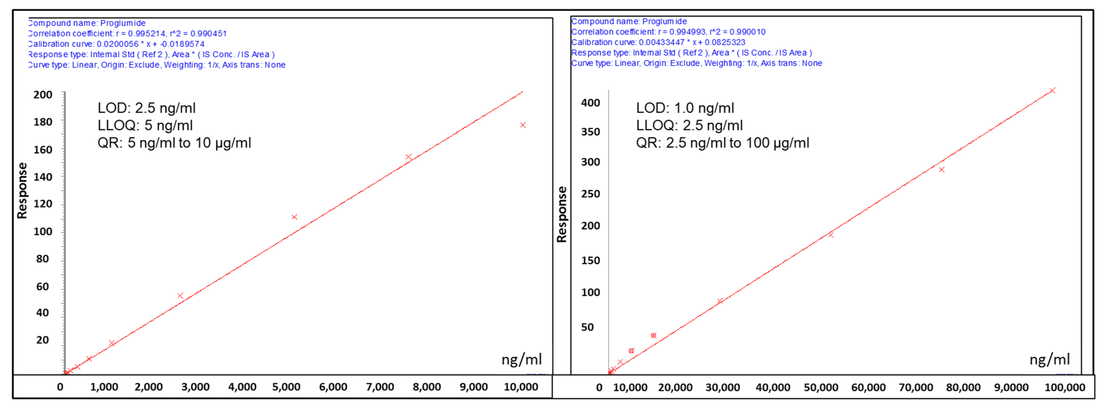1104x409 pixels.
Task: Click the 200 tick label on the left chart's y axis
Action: (43, 95)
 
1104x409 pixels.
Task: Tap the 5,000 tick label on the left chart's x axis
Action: (286, 387)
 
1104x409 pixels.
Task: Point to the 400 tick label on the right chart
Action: (591, 103)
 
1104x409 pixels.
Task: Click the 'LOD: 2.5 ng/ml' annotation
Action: (147, 108)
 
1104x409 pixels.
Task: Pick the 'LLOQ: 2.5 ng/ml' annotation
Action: (689, 126)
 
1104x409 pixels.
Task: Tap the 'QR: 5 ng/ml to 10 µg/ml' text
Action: (174, 143)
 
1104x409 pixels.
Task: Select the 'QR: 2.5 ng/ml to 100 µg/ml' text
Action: (723, 143)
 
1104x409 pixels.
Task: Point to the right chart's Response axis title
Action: (562, 214)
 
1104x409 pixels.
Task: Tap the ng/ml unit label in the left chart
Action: (522, 359)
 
